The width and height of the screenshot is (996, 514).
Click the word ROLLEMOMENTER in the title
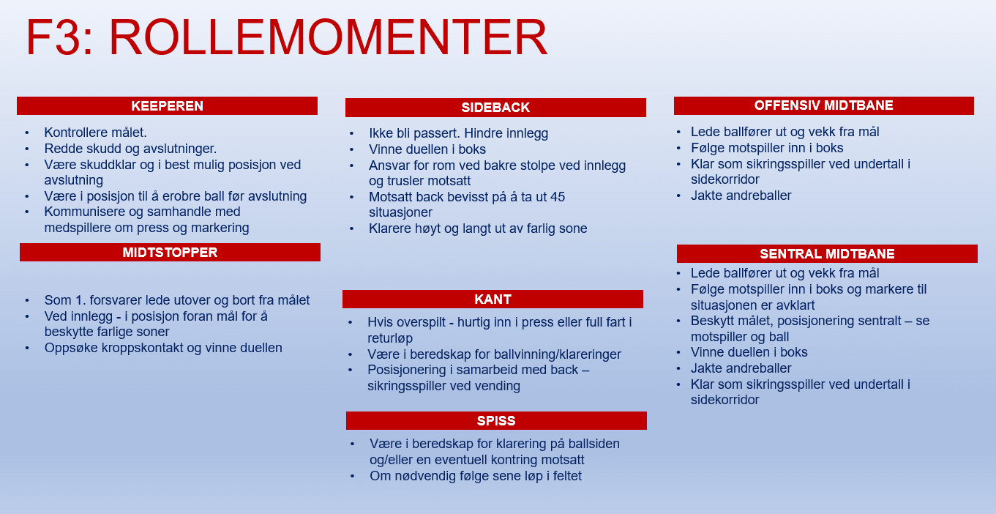click(x=329, y=38)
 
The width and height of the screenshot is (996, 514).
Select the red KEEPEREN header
click(x=167, y=106)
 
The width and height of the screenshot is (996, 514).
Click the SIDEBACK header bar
click(x=495, y=108)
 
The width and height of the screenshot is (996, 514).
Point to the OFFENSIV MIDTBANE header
click(x=823, y=105)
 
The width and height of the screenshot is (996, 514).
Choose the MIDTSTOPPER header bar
click(x=170, y=253)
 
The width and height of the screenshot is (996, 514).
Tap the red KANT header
click(x=493, y=299)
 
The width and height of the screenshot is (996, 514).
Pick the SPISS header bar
click(x=496, y=421)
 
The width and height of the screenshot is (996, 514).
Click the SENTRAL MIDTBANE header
click(x=827, y=254)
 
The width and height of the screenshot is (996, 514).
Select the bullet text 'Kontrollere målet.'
click(x=95, y=133)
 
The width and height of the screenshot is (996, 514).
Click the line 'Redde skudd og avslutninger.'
click(x=130, y=149)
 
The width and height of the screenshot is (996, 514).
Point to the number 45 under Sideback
click(x=558, y=197)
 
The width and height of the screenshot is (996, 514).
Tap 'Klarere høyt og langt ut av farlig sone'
click(x=478, y=228)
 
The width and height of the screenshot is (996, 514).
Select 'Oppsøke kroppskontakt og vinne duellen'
click(x=162, y=348)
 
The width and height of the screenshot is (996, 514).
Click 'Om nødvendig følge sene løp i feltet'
click(x=476, y=476)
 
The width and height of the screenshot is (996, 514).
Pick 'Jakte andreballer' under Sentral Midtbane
click(x=741, y=368)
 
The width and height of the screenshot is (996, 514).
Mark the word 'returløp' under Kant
click(x=390, y=339)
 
